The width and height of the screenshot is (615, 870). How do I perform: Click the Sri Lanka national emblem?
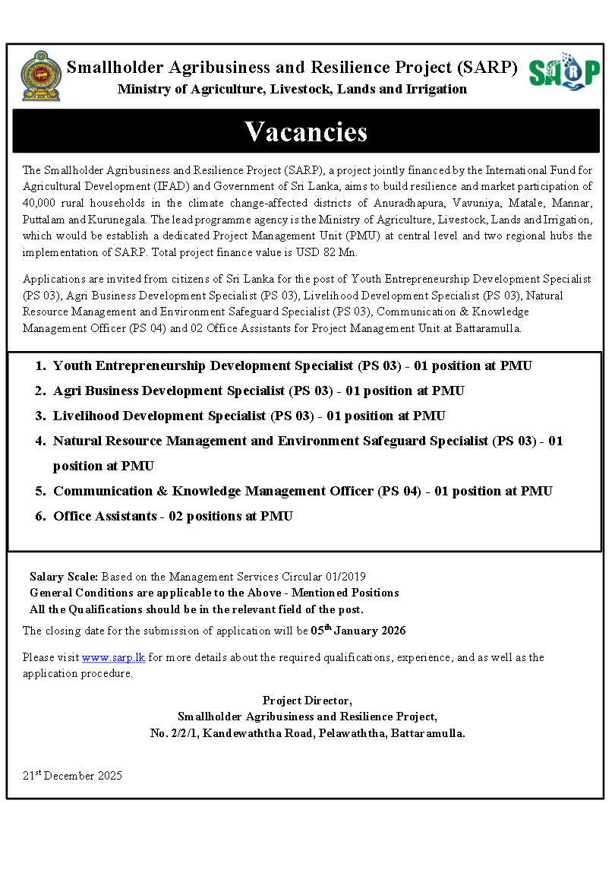click(42, 78)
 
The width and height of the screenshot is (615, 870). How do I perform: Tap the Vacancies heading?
click(306, 131)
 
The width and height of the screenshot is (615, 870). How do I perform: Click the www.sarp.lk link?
click(113, 657)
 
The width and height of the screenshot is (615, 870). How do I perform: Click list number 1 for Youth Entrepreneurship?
click(40, 365)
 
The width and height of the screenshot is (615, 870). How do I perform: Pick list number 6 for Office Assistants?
click(40, 516)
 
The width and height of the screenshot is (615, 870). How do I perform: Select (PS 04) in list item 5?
click(399, 491)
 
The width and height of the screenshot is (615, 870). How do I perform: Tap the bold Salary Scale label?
click(64, 577)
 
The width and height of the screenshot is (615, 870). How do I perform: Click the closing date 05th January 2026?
click(358, 631)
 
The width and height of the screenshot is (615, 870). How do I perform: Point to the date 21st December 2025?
click(72, 776)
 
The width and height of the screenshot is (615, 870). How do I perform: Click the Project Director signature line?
click(307, 700)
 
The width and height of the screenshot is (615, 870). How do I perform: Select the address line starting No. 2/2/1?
click(307, 733)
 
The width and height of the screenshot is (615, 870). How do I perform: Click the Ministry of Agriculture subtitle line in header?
click(292, 89)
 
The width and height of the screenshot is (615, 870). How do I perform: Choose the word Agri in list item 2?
click(67, 391)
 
